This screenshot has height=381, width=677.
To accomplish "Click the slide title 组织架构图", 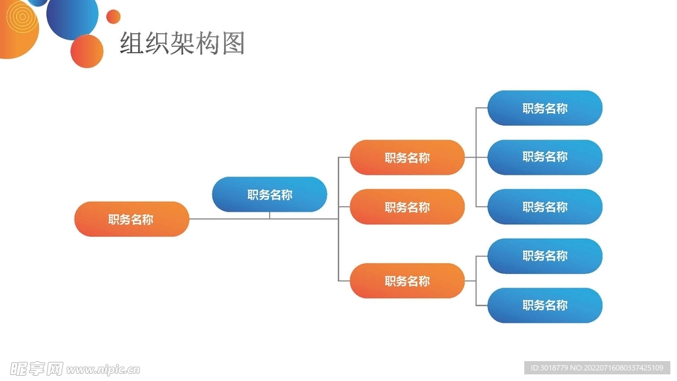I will click(x=182, y=43).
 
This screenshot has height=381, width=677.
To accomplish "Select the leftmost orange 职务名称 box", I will click(x=132, y=219).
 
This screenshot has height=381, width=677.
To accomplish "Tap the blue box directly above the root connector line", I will click(x=269, y=194).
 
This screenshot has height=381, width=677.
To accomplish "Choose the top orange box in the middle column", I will click(x=407, y=157).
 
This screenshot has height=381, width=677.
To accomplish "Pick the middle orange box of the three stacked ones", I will click(x=407, y=207).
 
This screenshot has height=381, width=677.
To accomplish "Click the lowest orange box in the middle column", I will click(x=407, y=281).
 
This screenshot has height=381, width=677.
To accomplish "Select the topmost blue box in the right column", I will click(x=545, y=108).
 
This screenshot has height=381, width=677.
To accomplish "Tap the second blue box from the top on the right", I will click(x=545, y=157).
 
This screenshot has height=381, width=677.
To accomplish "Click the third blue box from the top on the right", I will click(x=545, y=206).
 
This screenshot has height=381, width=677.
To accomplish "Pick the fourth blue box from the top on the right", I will click(x=545, y=256).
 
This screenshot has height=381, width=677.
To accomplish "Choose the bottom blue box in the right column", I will click(x=545, y=306).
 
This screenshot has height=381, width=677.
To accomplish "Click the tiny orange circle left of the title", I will click(x=114, y=17).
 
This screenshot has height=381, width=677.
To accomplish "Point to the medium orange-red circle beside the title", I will click(x=87, y=51).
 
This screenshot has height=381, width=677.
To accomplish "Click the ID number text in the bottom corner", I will click(x=596, y=368).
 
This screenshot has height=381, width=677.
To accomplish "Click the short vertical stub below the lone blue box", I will click(x=269, y=215).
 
